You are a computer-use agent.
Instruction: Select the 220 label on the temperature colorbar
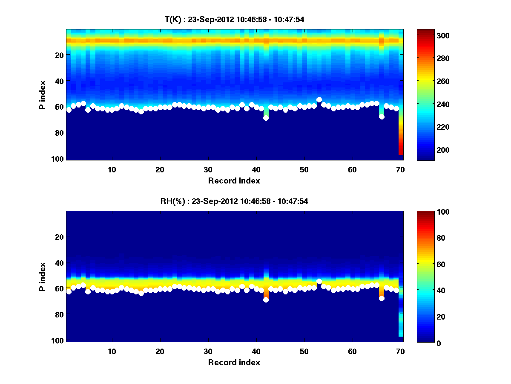click(429, 127)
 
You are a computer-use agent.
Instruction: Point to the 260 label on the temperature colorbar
click(429, 81)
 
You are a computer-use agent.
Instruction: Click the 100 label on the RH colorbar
click(429, 212)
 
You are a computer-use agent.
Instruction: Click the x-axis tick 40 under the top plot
click(256, 169)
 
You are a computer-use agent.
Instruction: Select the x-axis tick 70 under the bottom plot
click(400, 351)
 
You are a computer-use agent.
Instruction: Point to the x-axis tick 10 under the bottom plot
click(112, 351)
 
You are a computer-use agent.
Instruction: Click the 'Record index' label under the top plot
click(234, 180)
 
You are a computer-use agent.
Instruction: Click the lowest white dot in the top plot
click(266, 118)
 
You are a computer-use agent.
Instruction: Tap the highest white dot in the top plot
click(319, 99)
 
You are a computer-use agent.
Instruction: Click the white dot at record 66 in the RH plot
click(382, 298)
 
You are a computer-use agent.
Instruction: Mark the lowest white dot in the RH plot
click(266, 300)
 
